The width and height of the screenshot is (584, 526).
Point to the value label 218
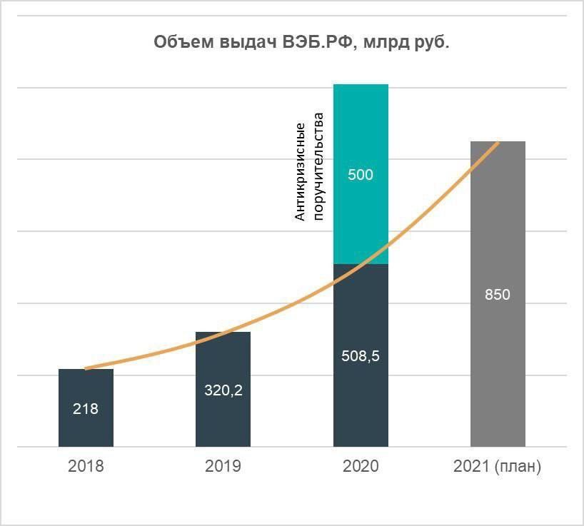(x=86, y=410)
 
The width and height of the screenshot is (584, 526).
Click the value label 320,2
(x=223, y=391)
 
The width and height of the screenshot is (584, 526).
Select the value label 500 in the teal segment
(x=361, y=175)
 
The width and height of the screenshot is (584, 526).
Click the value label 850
(x=498, y=294)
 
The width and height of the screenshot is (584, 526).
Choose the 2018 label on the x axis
(x=86, y=467)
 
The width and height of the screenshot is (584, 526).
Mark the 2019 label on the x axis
(x=223, y=467)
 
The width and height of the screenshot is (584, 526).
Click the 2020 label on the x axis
(x=361, y=467)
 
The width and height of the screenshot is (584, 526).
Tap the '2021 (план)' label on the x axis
(x=498, y=467)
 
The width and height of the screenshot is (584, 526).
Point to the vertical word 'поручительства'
(x=318, y=166)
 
